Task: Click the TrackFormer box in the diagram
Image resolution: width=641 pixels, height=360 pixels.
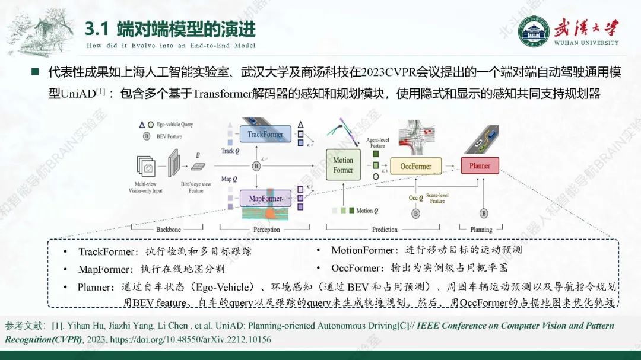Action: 265,134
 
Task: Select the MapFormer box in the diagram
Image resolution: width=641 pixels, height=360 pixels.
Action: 265,199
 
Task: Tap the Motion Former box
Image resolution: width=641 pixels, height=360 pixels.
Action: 342,165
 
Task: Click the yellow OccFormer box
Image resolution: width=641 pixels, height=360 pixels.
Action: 415,166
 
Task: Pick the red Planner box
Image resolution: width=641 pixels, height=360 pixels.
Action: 480,166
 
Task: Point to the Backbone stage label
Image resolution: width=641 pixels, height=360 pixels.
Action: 169,230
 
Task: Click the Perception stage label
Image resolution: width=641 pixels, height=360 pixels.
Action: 266,230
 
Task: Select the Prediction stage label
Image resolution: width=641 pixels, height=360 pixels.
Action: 385,230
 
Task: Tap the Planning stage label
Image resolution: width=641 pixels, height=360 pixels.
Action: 481,230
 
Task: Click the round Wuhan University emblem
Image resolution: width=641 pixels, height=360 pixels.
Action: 533,31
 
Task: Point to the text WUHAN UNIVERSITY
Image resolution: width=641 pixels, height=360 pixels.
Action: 586,43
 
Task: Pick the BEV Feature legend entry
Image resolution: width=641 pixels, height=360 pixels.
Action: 169,136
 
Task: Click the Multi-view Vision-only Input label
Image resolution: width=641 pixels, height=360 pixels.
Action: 145,187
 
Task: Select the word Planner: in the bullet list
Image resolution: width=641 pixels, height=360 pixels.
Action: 96,287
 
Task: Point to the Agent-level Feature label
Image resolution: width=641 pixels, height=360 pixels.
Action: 377,142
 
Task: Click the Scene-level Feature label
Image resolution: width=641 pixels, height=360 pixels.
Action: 437,198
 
